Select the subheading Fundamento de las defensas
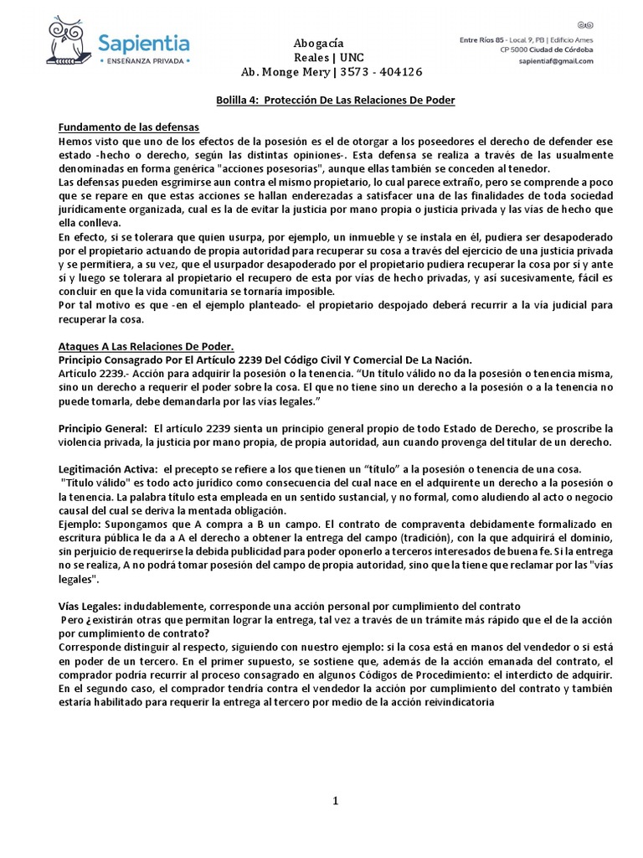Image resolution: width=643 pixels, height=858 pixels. (128, 127)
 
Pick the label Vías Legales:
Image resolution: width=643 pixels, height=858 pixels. (87, 606)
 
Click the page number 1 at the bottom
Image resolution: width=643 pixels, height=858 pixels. (336, 801)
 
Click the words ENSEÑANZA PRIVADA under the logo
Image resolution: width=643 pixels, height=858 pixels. (138, 62)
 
